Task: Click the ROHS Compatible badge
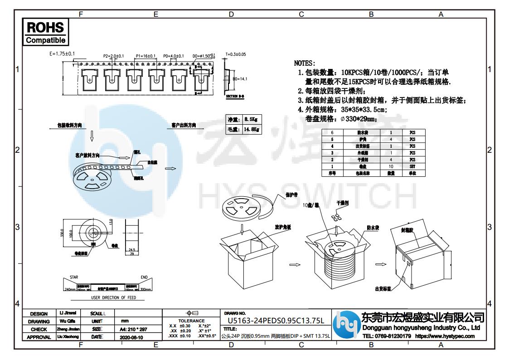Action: point(45,32)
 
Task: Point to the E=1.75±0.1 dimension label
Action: point(62,54)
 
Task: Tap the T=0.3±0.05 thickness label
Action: point(235,54)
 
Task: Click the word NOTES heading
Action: point(305,63)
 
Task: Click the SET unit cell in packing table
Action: point(412,166)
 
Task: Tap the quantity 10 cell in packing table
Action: point(391,166)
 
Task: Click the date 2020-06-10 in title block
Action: point(131,337)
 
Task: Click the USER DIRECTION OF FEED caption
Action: point(113,298)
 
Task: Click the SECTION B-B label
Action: point(235,97)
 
